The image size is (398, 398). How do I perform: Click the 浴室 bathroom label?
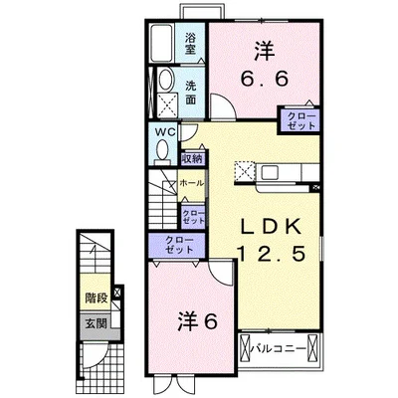[x=190, y=43]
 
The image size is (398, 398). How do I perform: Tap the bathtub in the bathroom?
[x=161, y=43]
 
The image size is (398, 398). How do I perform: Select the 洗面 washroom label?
[x=190, y=94]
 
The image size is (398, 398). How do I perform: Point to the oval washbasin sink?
[x=166, y=80]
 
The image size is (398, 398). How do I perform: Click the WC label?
[x=165, y=131]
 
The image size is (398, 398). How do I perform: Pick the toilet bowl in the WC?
[x=162, y=152]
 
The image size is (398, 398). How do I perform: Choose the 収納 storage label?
[x=192, y=159]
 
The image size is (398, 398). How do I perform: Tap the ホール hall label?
[x=191, y=183]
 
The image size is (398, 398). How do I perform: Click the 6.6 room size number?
[x=265, y=80]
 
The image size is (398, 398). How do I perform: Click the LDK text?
[x=271, y=227]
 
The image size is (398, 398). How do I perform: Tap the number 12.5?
[x=271, y=255]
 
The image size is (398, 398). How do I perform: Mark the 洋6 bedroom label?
[x=198, y=321]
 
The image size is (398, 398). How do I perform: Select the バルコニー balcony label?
[x=278, y=348]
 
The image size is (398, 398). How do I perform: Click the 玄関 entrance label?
[x=97, y=323]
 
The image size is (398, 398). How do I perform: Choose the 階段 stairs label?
[x=97, y=298]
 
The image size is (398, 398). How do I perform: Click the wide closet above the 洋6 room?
[x=177, y=245]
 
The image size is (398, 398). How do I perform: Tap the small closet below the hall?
[x=193, y=216]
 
